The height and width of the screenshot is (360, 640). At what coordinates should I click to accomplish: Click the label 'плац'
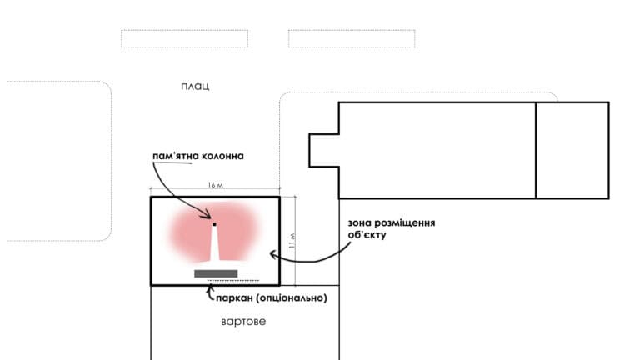tap(195, 86)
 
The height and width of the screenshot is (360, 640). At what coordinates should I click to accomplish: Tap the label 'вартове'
tap(243, 321)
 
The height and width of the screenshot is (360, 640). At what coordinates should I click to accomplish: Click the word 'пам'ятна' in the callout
tap(176, 156)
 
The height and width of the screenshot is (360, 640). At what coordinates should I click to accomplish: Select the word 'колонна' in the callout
tap(222, 156)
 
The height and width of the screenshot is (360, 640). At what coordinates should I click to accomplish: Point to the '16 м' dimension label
tap(216, 185)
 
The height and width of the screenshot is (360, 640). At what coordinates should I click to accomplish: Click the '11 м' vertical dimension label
tap(292, 241)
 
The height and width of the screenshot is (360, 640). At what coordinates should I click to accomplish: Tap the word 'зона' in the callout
tap(360, 222)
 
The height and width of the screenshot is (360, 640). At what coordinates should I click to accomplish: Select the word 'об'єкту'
tap(367, 235)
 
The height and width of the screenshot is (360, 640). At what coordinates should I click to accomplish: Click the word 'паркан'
tap(235, 298)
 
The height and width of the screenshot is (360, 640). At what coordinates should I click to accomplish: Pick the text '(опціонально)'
tap(292, 298)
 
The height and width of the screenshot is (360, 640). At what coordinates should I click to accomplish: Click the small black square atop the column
tap(214, 224)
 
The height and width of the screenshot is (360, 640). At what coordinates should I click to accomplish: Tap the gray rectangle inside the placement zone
tap(216, 273)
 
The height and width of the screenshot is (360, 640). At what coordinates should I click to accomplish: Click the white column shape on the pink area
tap(214, 244)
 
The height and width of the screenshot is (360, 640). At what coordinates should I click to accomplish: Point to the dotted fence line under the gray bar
tap(233, 281)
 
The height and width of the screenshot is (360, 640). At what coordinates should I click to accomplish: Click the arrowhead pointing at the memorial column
tap(208, 215)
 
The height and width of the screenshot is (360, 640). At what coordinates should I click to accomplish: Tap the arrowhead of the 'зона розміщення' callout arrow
tap(272, 255)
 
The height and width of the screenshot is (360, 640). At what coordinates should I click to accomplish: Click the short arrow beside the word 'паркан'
tap(209, 292)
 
